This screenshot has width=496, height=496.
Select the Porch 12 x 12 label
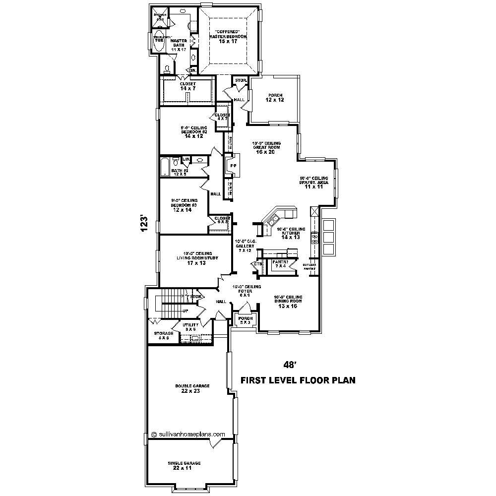pyautogui.click(x=274, y=97)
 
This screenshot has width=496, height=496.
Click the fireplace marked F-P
pyautogui.click(x=233, y=166)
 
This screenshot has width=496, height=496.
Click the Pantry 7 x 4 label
pyautogui.click(x=280, y=264)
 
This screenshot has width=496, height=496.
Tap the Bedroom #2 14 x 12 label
pyautogui.click(x=194, y=132)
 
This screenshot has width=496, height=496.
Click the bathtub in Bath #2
pyautogui.click(x=165, y=167)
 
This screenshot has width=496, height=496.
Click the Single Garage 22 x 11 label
pyautogui.click(x=184, y=465)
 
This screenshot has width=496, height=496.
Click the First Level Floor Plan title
pyautogui.click(x=298, y=381)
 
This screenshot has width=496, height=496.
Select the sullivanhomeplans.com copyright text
pyautogui.click(x=188, y=434)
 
